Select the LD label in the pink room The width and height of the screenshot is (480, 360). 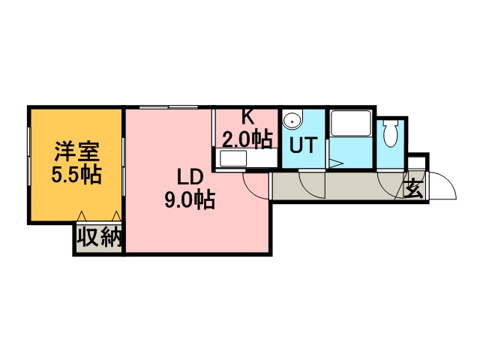pyautogui.click(x=190, y=178)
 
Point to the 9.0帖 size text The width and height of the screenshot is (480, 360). pyautogui.click(x=190, y=200)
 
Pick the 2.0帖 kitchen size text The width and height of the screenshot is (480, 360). pyautogui.click(x=246, y=138)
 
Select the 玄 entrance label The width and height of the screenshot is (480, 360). pyautogui.click(x=414, y=188)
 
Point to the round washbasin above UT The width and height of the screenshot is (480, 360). pyautogui.click(x=292, y=121)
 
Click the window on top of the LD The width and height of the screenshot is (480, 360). pyautogui.click(x=169, y=107)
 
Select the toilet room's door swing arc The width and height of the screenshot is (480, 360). pyautogui.click(x=388, y=184)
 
